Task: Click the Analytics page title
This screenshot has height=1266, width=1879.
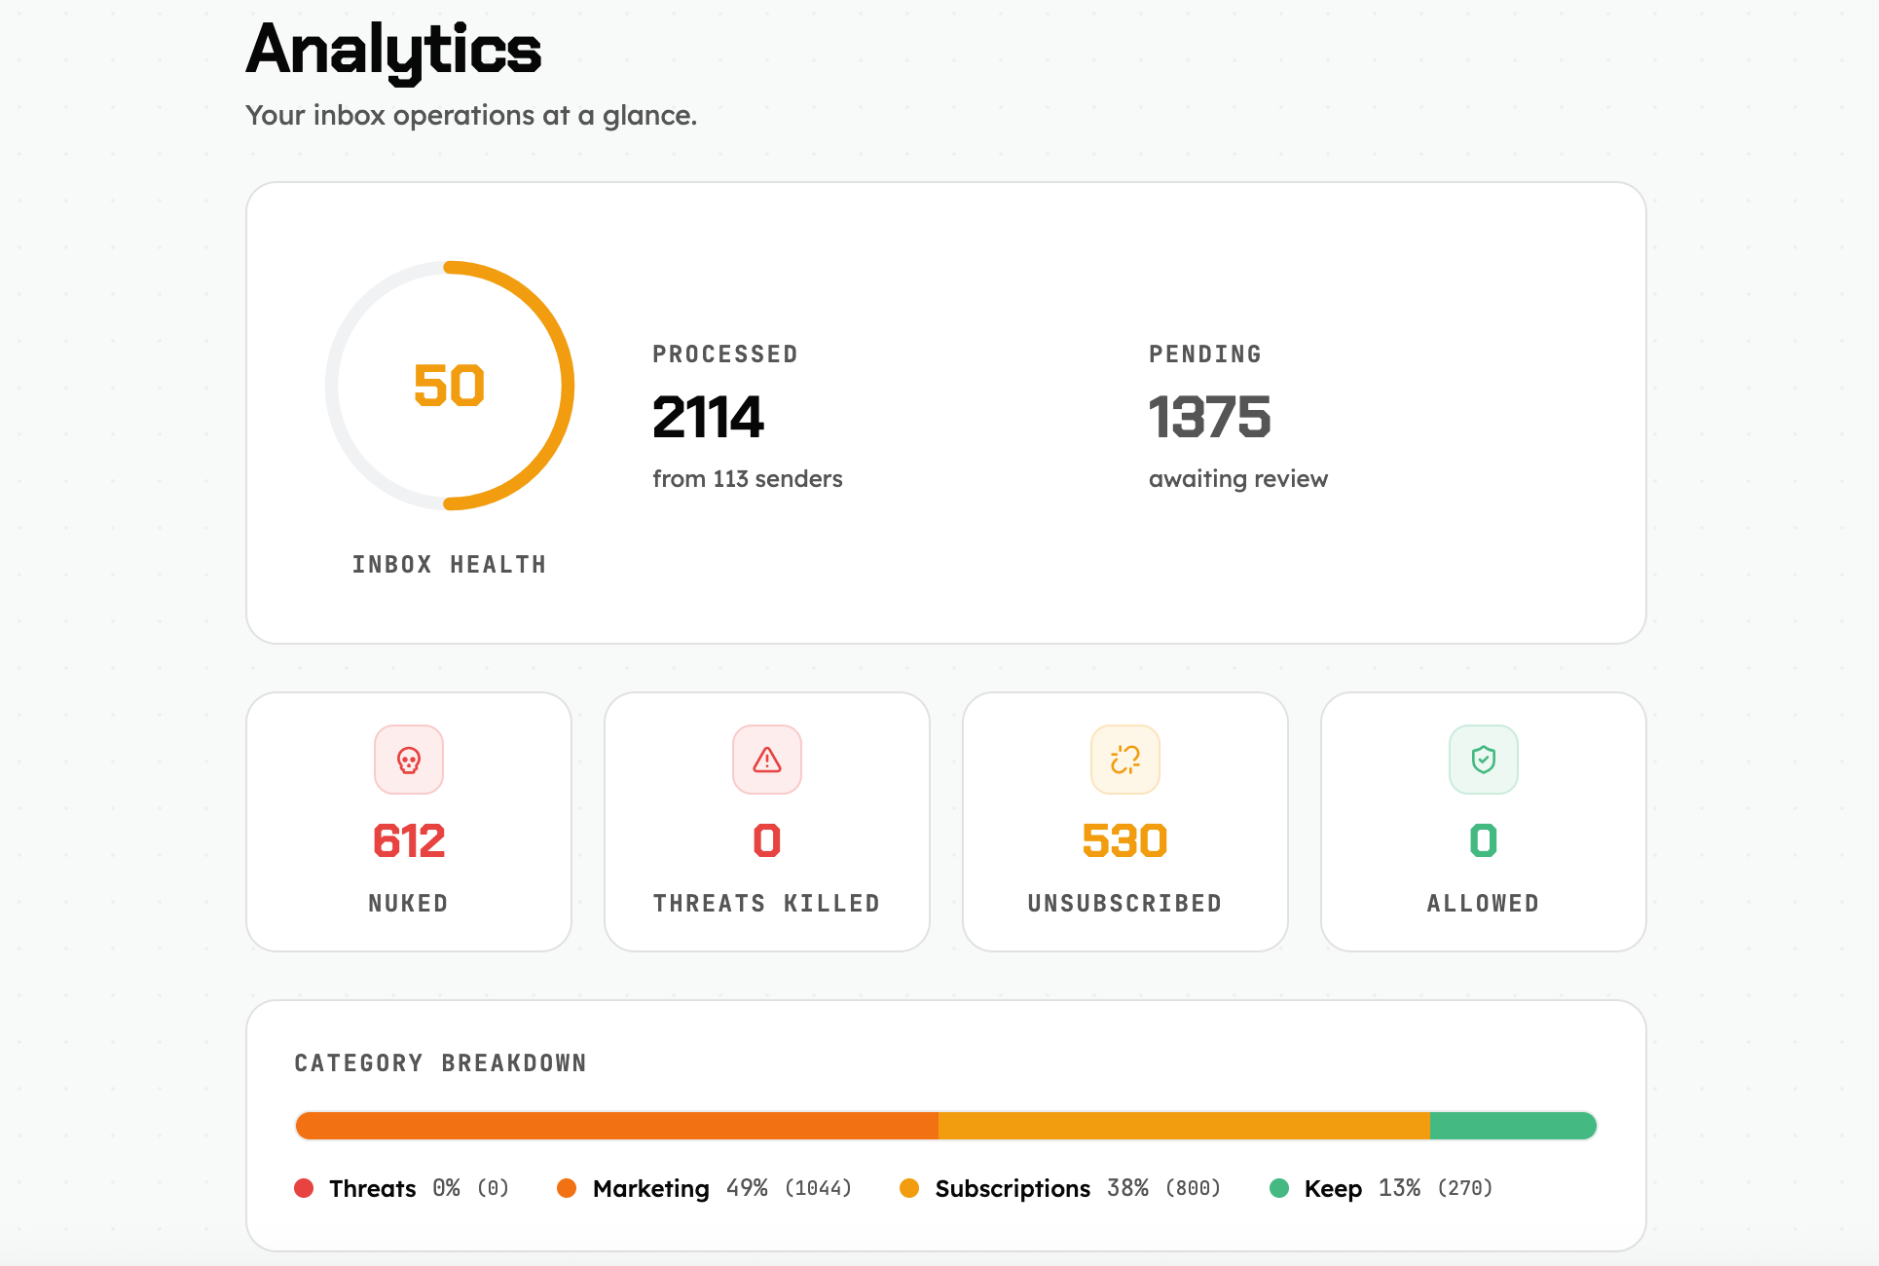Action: tap(393, 51)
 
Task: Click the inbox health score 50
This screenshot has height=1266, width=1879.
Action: tap(449, 386)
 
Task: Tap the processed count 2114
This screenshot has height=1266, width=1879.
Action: tap(708, 417)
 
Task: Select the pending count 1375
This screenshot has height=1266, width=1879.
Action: tap(1209, 417)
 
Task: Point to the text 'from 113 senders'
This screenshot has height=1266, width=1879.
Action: tap(747, 479)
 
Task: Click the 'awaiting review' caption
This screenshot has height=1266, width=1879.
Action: tap(1237, 479)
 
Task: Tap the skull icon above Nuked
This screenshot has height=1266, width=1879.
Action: tap(409, 760)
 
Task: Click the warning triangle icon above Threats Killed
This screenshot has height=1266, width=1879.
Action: tap(767, 760)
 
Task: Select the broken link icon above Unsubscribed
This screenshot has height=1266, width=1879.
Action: tap(1125, 760)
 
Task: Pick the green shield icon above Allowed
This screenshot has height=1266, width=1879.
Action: tap(1484, 760)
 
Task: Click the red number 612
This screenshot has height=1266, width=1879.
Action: tap(409, 840)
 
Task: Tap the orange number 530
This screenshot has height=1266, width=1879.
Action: tap(1124, 840)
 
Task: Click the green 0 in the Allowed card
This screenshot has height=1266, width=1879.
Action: tap(1483, 840)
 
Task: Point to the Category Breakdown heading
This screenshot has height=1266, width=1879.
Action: tap(440, 1063)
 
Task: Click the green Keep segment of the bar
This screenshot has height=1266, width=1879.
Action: tap(1512, 1126)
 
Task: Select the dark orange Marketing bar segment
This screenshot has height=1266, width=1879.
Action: tap(617, 1126)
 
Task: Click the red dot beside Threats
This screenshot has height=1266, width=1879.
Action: tap(304, 1188)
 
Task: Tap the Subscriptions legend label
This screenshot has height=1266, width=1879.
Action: tap(1012, 1189)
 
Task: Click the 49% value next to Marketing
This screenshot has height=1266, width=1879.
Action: tap(747, 1188)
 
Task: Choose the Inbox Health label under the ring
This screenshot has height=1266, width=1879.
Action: tap(449, 565)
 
